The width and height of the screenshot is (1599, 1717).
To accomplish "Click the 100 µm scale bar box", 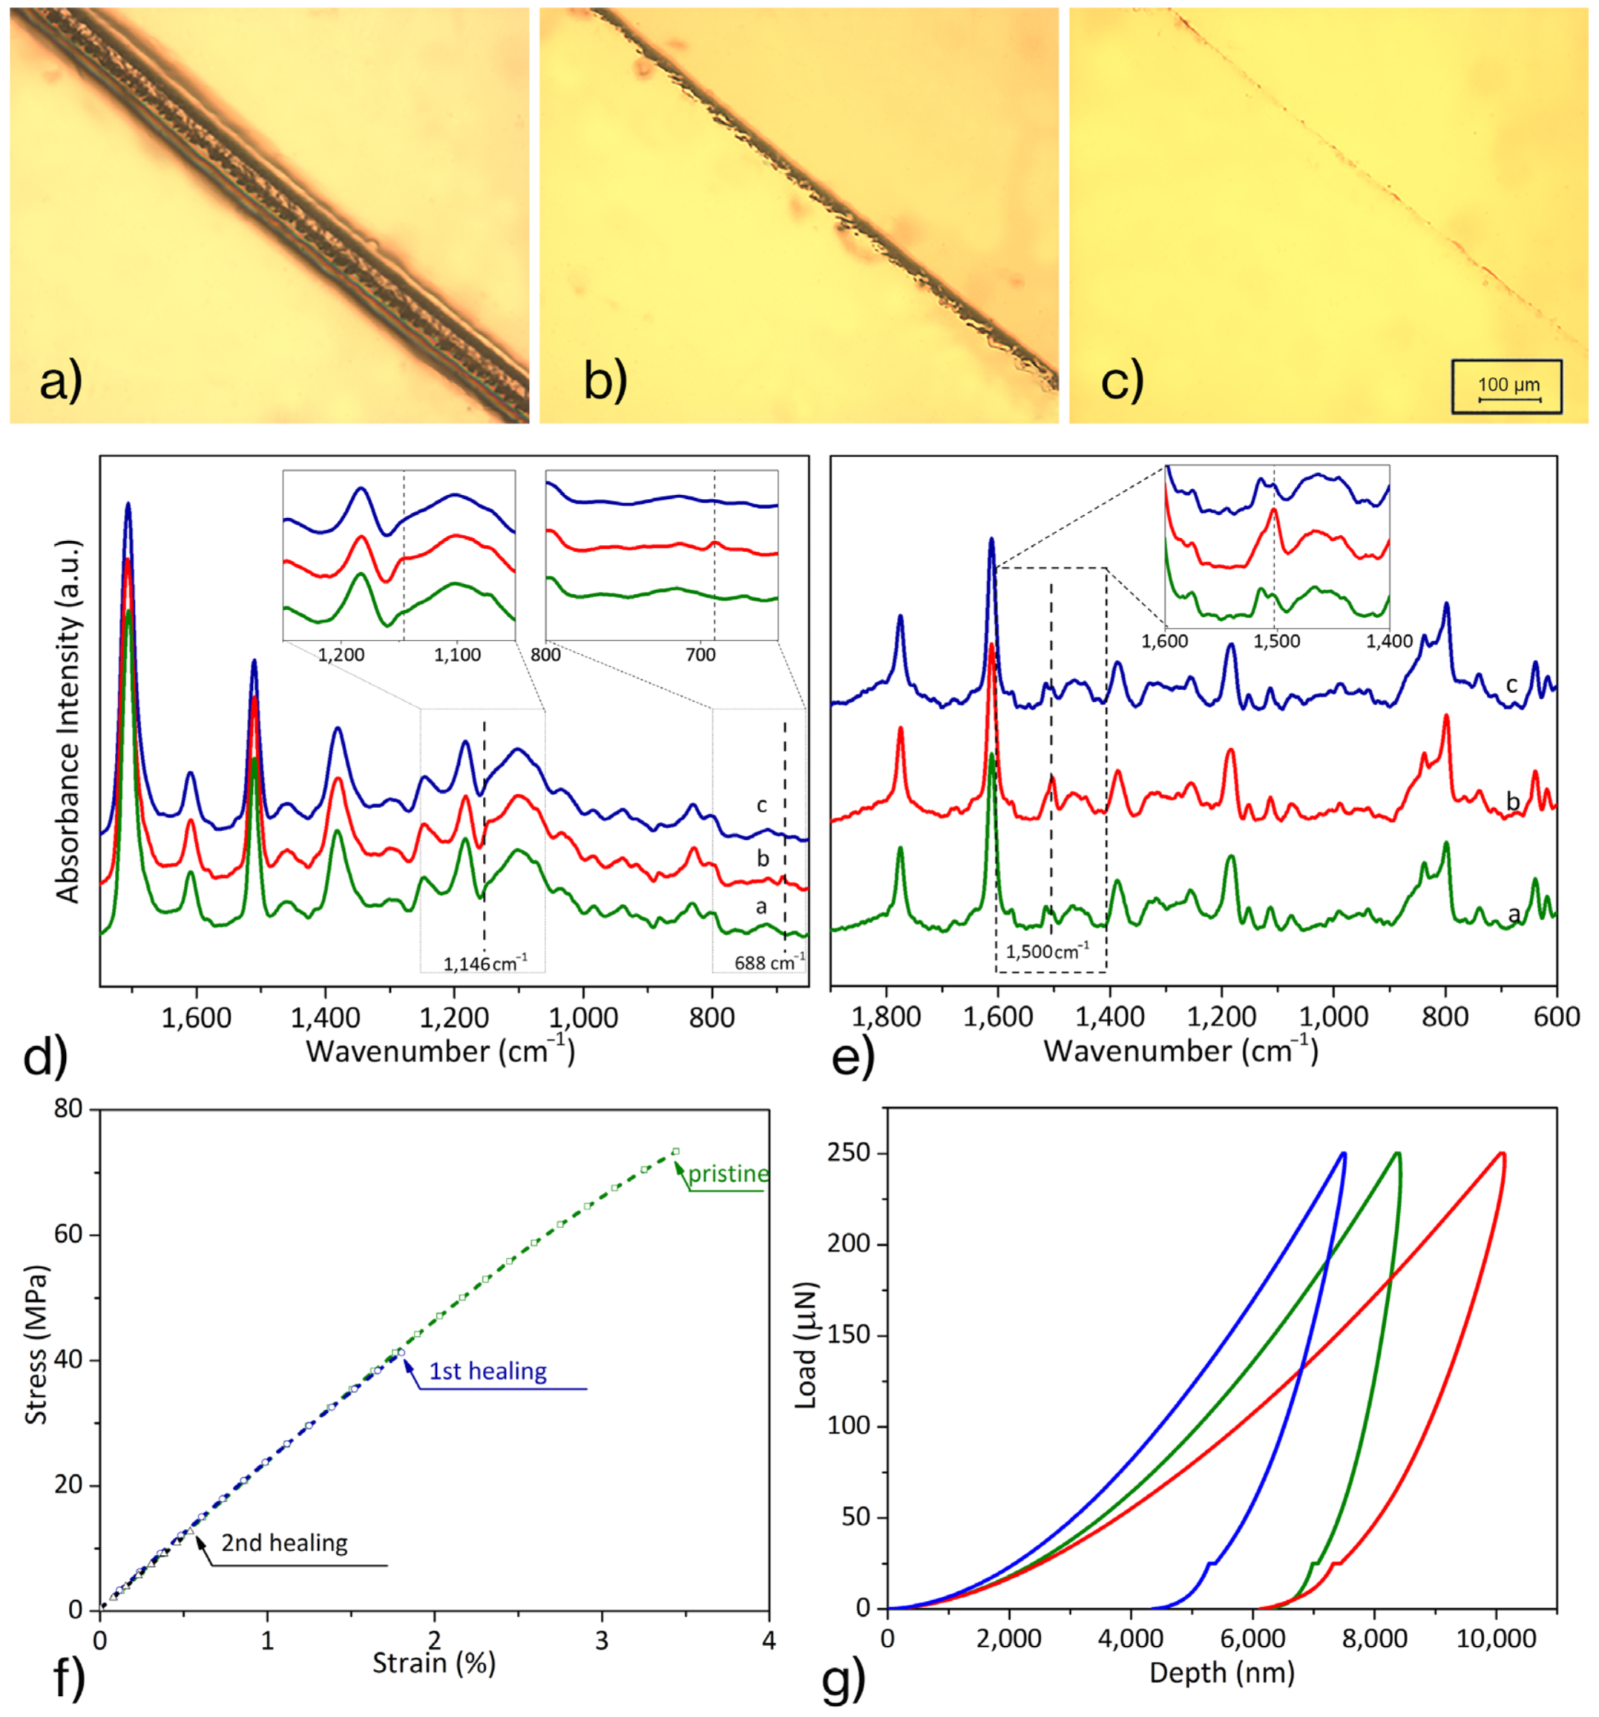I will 1507,386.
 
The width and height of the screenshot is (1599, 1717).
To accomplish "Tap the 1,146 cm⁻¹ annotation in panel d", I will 485,963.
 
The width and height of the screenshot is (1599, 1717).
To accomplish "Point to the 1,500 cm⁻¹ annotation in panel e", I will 1048,951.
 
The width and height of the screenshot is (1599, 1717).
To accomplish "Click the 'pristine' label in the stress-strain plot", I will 728,1174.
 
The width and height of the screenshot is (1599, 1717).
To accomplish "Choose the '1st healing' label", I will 487,1372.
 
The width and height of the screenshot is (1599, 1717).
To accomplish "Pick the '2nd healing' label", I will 284,1544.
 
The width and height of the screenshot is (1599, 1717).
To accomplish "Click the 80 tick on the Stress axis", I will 68,1108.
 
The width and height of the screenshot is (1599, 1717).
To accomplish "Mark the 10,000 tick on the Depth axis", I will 1496,1639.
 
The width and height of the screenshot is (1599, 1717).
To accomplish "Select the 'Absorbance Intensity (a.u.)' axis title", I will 68,721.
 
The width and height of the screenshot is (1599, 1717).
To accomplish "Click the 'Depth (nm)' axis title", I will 1222,1672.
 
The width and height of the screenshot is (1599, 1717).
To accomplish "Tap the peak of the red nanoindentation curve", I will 1503,1153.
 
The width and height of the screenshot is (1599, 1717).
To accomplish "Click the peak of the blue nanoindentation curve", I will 1344,1153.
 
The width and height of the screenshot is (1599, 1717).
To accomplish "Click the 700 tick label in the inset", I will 700,655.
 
